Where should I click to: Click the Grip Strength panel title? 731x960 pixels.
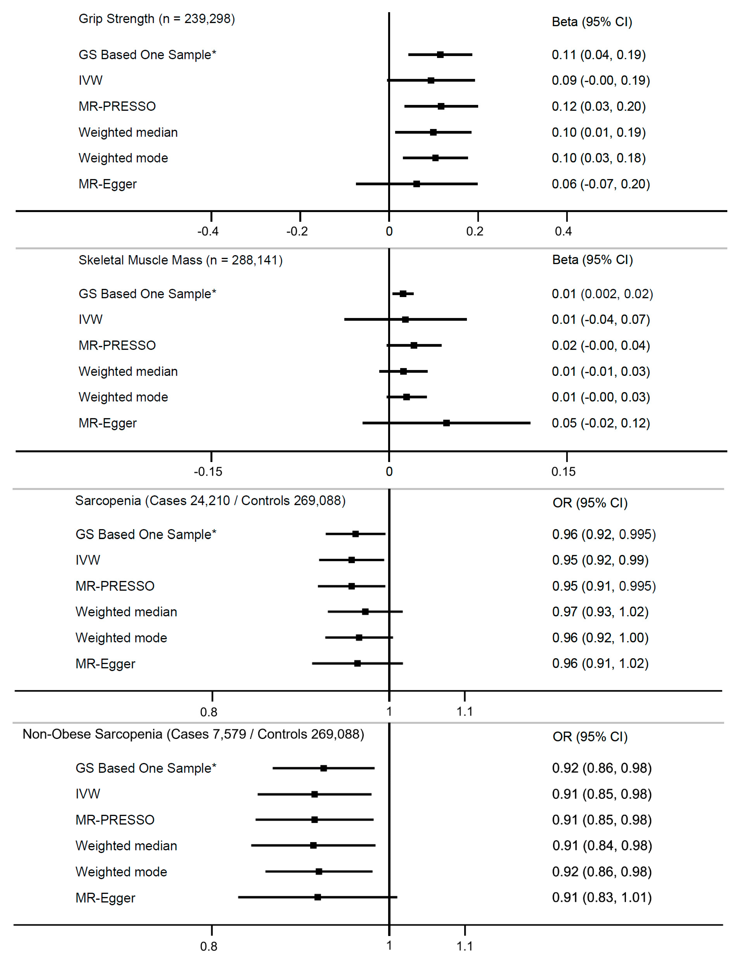coord(157,19)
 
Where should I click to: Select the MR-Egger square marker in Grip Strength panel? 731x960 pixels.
coord(416,184)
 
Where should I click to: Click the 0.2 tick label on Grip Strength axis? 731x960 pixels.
coord(475,231)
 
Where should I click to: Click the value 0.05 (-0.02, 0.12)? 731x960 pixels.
coord(600,423)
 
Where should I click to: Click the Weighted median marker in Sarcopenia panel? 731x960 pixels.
coord(365,612)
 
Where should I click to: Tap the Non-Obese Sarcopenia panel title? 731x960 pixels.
coord(193,734)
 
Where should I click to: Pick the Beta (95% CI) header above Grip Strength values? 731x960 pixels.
coord(592,22)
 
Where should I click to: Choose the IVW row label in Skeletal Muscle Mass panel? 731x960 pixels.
coord(90,319)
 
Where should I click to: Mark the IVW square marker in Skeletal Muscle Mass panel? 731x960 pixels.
coord(405,319)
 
